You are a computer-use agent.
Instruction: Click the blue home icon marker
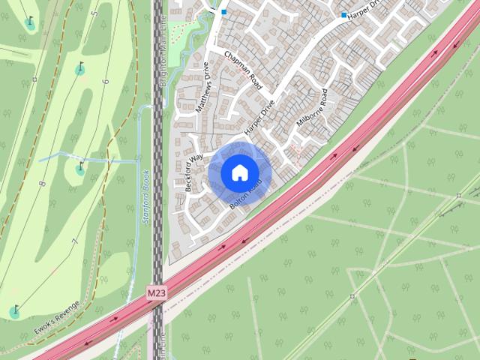[x=239, y=172]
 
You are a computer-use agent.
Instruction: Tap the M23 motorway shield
[x=156, y=291]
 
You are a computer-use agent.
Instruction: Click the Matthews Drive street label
[x=203, y=88]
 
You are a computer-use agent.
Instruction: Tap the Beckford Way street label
[x=194, y=173]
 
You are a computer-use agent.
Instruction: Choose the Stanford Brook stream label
[x=147, y=198]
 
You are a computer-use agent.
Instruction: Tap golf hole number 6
[x=106, y=81]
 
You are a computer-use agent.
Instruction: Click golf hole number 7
[x=74, y=241]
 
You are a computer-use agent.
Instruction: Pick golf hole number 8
[x=42, y=183]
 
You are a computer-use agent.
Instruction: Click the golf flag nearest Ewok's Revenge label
[x=14, y=310]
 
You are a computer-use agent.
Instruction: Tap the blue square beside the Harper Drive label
[x=344, y=15]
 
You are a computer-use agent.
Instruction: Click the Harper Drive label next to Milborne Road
[x=261, y=117]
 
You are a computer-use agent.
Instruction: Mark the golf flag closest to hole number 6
[x=79, y=70]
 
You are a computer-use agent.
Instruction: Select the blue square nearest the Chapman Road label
[x=223, y=12]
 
